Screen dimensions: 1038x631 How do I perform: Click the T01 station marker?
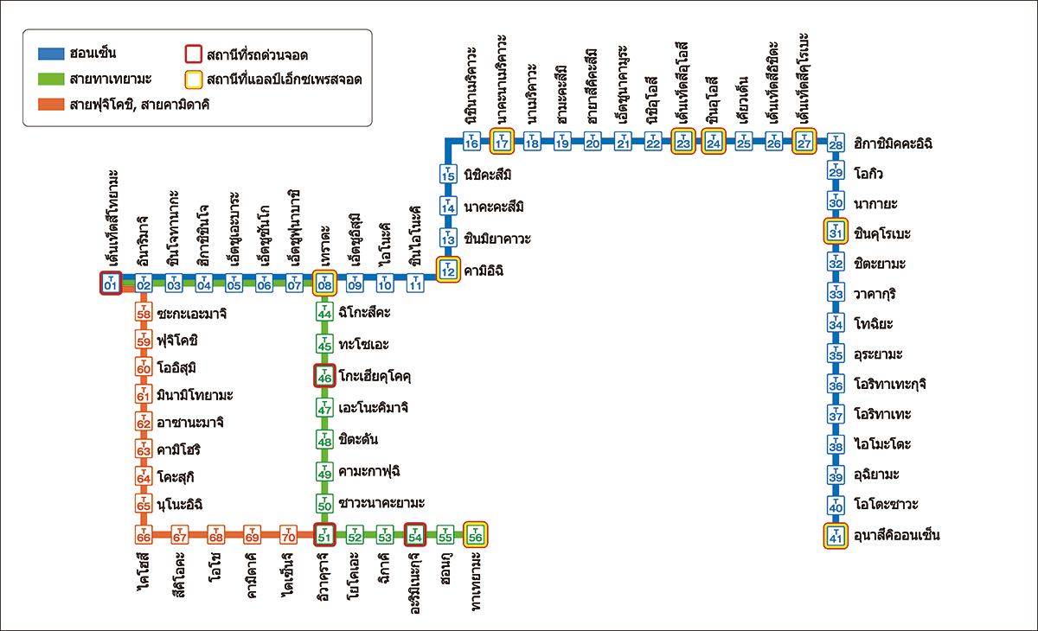(x=111, y=283)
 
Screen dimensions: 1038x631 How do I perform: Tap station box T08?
(x=324, y=283)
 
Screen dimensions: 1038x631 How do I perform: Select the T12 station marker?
(x=448, y=270)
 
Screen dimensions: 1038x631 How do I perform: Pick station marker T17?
(x=502, y=141)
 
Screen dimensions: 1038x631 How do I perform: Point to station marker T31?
(x=836, y=231)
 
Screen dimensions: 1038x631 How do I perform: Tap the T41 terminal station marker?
(x=836, y=536)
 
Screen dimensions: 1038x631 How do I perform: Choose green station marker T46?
(x=324, y=376)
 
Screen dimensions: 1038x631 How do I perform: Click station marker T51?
(x=324, y=535)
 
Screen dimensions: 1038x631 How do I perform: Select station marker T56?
(x=476, y=535)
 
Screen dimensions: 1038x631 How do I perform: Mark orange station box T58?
(x=144, y=312)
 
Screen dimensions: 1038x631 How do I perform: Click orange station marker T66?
(x=144, y=535)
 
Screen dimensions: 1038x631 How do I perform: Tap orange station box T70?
(x=288, y=535)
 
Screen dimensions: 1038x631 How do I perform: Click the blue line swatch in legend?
(x=51, y=54)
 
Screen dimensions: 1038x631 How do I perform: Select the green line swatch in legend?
(x=51, y=80)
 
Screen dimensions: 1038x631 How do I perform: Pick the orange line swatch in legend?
(x=51, y=105)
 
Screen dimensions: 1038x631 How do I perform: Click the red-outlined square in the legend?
(x=194, y=54)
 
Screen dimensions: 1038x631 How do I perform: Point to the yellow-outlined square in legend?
(x=194, y=80)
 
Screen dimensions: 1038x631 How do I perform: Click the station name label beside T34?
(x=874, y=323)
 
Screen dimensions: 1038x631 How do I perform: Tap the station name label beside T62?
(x=190, y=422)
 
